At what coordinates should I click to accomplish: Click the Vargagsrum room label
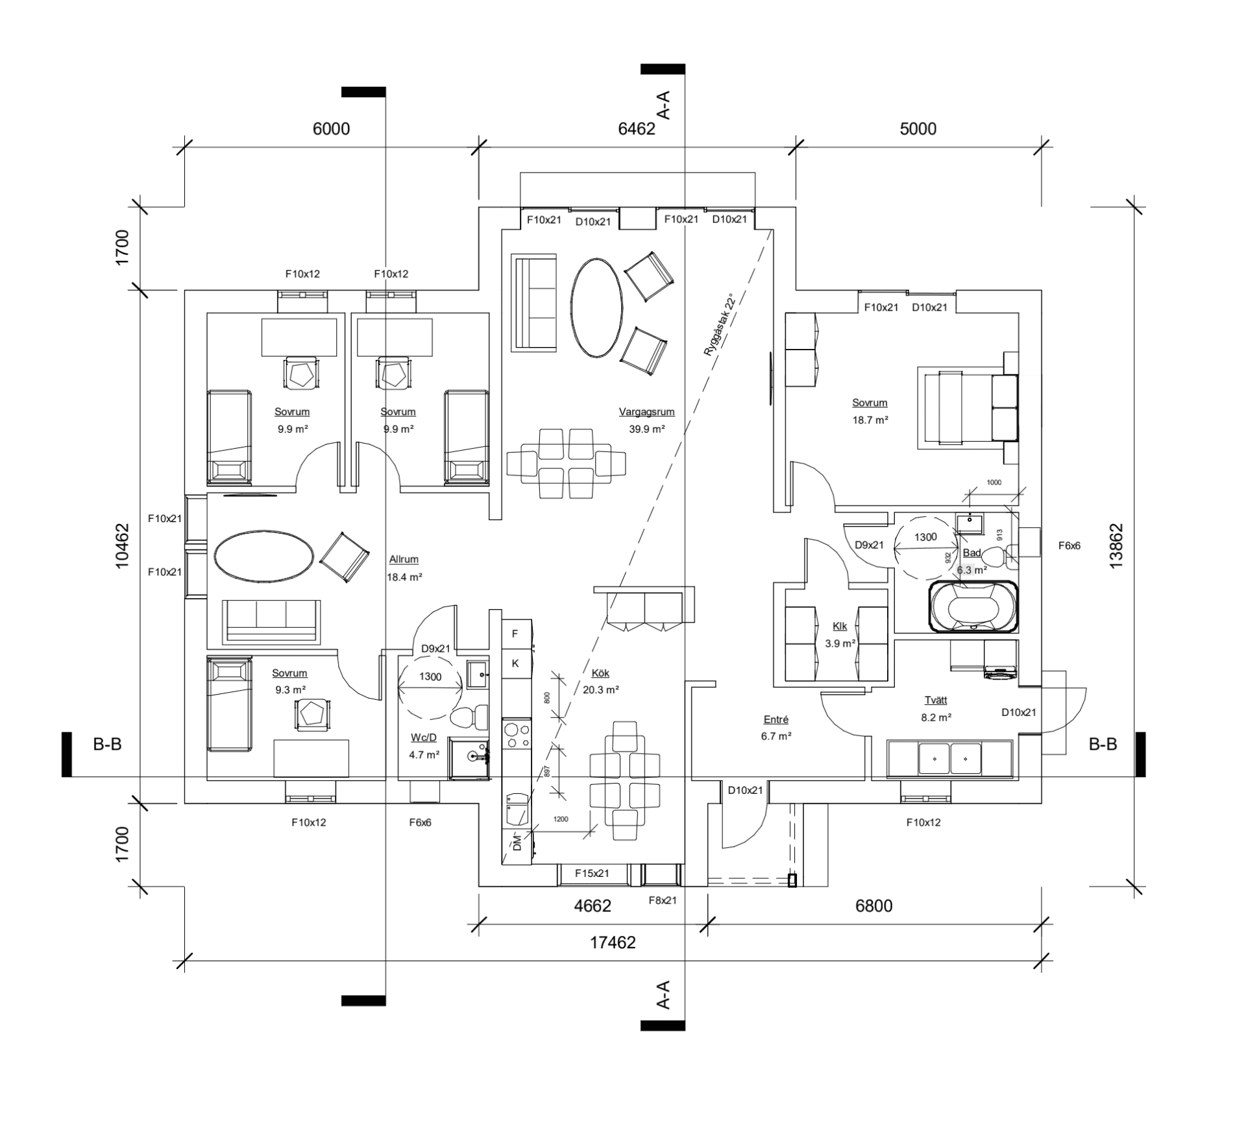pos(646,412)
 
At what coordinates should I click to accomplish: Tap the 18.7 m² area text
pos(870,420)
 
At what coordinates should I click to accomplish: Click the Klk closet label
pos(839,627)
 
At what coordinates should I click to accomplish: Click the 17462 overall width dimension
pos(612,942)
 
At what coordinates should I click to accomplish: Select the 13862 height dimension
pos(1116,546)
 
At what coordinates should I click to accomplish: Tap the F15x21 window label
pos(592,874)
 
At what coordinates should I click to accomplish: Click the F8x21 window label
pos(663,900)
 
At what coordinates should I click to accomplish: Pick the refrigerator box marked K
pos(515,664)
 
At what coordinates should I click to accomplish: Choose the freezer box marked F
pos(515,634)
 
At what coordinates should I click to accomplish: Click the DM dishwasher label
pos(517,843)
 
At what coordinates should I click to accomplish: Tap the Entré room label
pos(776,719)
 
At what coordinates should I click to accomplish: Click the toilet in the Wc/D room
pos(468,716)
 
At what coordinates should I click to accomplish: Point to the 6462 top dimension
pos(636,129)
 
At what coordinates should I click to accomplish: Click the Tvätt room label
pos(935,700)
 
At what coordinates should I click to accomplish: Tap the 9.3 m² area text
pos(290,690)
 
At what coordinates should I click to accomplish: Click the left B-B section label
pos(107,745)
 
